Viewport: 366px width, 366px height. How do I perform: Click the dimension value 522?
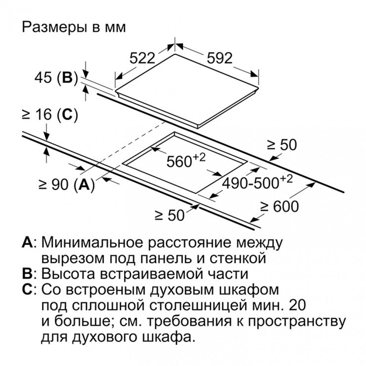(x=142, y=58)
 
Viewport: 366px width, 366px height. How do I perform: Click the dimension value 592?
(x=220, y=58)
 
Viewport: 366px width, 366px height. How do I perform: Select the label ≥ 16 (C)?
(x=49, y=115)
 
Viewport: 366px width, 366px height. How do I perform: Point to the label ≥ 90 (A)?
(x=67, y=185)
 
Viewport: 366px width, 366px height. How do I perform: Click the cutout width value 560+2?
(x=186, y=160)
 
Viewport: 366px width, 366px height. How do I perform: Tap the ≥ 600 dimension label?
(x=280, y=206)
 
